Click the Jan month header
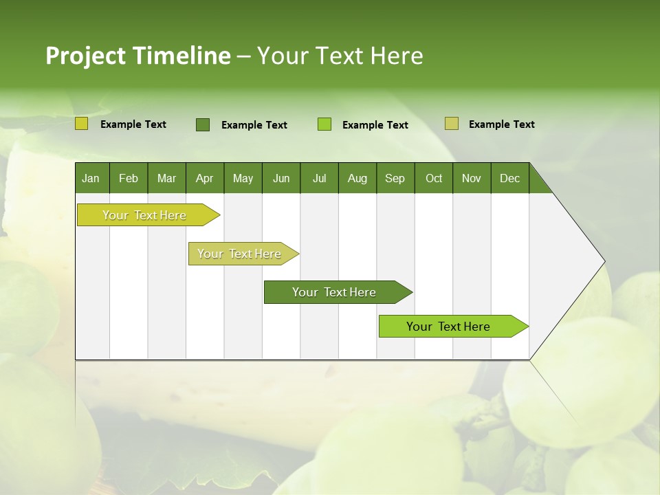(x=91, y=178)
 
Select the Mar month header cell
(x=166, y=178)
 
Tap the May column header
(x=243, y=178)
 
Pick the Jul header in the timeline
(x=319, y=178)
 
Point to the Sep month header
(x=395, y=178)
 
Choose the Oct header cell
(x=434, y=178)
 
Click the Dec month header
(x=509, y=178)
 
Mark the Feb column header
(x=129, y=178)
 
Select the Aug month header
(x=357, y=178)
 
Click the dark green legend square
(x=203, y=124)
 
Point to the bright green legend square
(x=324, y=124)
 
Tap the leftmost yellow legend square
(x=82, y=124)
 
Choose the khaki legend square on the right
(x=451, y=124)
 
